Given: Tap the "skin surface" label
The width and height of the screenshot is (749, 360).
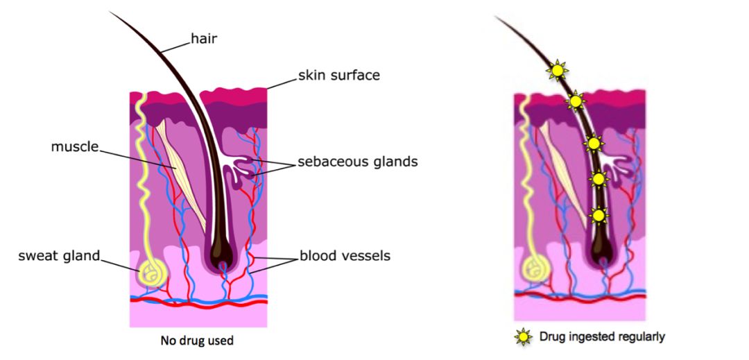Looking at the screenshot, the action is click(339, 75).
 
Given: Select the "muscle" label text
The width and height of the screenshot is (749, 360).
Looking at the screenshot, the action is click(75, 147).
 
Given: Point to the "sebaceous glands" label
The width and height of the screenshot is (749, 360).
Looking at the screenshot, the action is click(357, 162).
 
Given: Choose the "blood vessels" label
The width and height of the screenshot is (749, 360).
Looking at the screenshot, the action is click(345, 256).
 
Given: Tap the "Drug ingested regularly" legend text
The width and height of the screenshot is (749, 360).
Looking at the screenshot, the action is click(602, 337).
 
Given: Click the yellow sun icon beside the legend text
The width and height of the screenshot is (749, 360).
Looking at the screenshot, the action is click(522, 337).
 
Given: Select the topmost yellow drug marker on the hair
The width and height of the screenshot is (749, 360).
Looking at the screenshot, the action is click(557, 69).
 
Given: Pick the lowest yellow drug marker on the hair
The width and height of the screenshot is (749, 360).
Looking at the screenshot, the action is click(598, 216).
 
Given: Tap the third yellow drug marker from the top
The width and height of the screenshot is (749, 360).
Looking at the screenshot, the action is click(592, 144).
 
